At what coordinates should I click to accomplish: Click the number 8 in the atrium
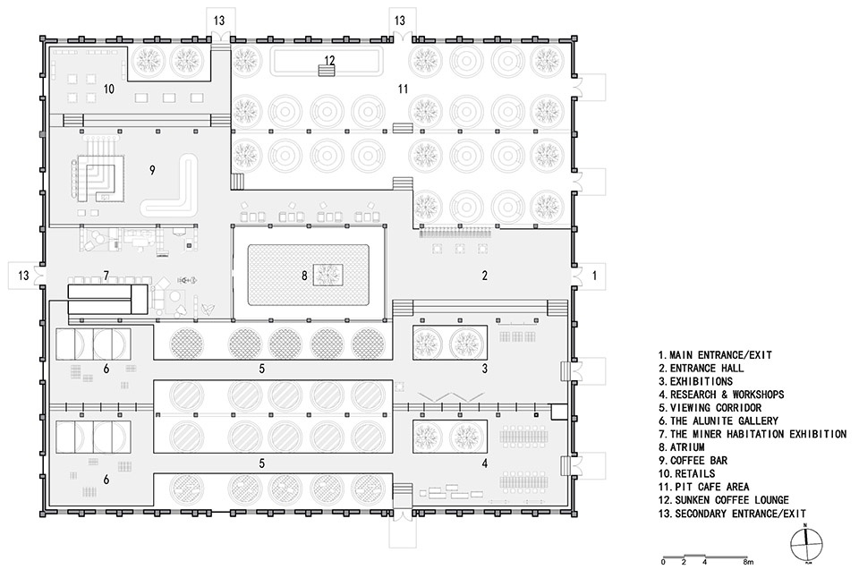click(x=304, y=276)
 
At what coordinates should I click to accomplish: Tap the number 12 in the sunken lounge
click(x=329, y=60)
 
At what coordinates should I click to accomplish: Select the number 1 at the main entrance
click(x=594, y=276)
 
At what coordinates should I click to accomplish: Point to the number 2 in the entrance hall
click(x=485, y=276)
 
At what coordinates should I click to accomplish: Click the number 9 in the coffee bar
click(x=152, y=170)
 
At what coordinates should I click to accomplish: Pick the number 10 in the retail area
click(x=109, y=89)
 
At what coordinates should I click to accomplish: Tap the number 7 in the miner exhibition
click(x=106, y=276)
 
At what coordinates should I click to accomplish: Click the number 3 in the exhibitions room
click(x=485, y=369)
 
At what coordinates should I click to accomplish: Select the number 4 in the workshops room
click(x=485, y=463)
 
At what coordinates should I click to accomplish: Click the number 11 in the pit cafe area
click(x=404, y=89)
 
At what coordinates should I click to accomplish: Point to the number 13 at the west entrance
click(x=23, y=275)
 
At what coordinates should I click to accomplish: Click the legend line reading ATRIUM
click(x=682, y=447)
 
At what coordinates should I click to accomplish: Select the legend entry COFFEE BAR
click(x=693, y=460)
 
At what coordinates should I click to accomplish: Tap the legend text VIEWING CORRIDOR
click(x=710, y=408)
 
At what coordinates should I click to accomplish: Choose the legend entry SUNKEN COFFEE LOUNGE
click(x=724, y=500)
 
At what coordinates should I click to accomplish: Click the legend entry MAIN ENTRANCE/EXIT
click(x=715, y=355)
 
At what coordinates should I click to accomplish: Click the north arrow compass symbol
click(x=806, y=544)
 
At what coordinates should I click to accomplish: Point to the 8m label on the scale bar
click(x=748, y=562)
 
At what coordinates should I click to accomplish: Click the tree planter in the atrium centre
click(x=328, y=275)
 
